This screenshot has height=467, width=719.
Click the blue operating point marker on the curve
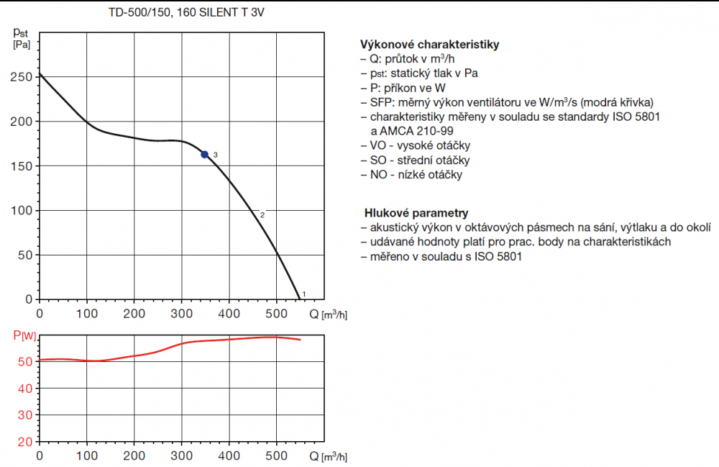205,155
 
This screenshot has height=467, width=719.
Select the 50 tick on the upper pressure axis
27,255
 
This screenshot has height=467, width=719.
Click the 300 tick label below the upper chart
182,313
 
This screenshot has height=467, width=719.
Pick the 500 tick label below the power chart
276,455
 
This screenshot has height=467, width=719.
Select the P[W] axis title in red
24,336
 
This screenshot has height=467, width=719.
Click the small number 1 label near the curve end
304,294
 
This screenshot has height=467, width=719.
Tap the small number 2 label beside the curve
262,214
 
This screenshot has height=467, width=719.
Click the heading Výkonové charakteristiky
427,45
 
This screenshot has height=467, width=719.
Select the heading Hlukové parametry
416,213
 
